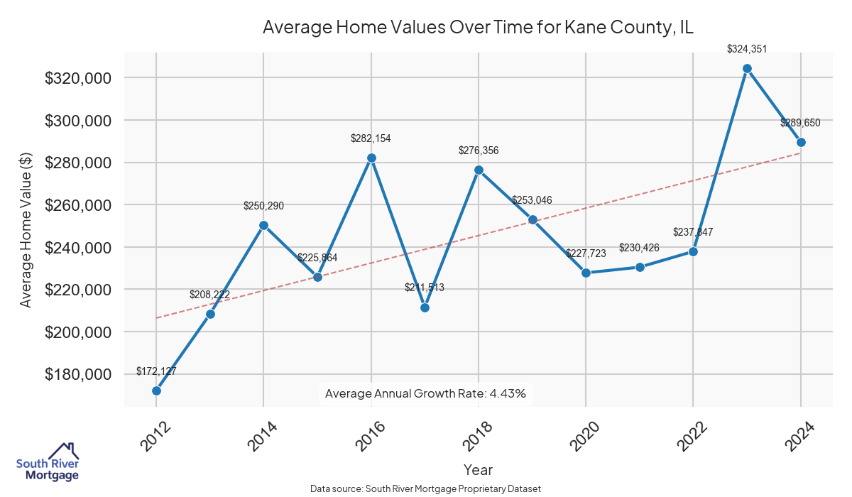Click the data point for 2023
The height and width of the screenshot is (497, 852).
[x=747, y=69]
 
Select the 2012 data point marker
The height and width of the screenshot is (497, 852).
[x=156, y=390]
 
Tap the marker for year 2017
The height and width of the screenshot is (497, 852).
[x=425, y=307]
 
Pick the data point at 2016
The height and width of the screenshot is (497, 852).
[x=371, y=158]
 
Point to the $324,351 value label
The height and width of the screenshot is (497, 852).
[x=747, y=49]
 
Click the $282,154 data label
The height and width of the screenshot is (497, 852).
[x=371, y=138]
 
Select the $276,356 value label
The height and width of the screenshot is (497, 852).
[x=479, y=151]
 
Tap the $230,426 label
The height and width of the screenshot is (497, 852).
[x=640, y=248]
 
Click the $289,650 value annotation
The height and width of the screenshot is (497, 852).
[x=800, y=123]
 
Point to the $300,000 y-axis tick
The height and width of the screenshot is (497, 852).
[x=78, y=121]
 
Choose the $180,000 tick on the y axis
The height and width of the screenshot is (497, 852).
[x=78, y=374]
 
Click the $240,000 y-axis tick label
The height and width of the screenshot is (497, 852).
[x=78, y=247]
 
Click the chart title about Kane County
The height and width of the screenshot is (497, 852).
[x=478, y=28]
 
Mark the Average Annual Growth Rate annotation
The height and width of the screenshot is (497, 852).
[x=425, y=393]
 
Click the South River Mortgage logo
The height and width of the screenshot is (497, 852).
[x=48, y=462]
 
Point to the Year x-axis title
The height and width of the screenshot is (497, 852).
[x=478, y=469]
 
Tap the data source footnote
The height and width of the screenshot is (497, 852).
[x=425, y=489]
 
